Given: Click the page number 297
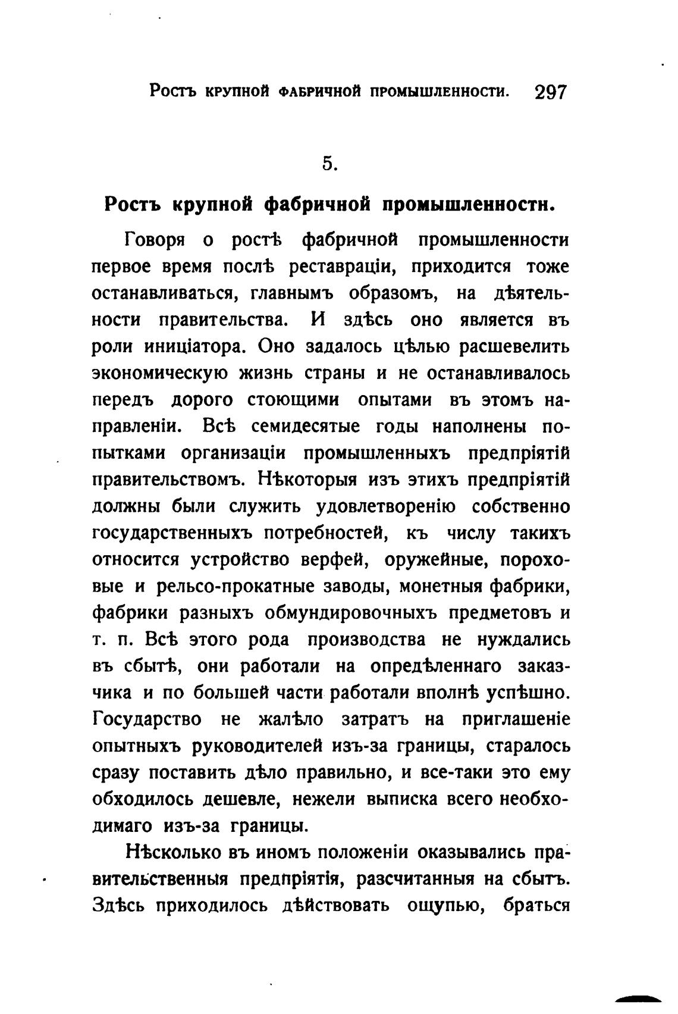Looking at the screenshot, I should [x=551, y=93].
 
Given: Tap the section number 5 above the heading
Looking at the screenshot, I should [x=329, y=163].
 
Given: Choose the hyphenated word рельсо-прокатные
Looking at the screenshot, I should [x=235, y=586].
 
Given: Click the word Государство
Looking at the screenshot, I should [x=147, y=719].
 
